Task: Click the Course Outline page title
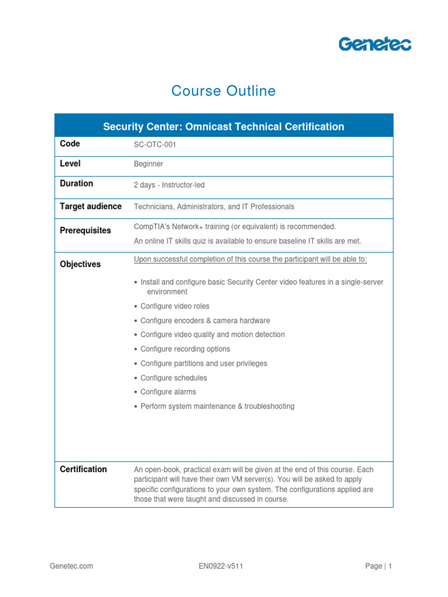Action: (x=223, y=91)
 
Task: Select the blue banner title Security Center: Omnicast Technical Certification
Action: (x=223, y=127)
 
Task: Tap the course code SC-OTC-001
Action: (x=155, y=145)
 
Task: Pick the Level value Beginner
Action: (x=149, y=164)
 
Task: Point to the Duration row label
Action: (x=76, y=183)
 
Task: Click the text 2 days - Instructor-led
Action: (x=169, y=185)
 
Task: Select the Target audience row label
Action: (x=91, y=206)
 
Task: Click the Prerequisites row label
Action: (x=85, y=230)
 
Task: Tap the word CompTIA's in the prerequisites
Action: (x=150, y=226)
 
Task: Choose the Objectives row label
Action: (x=80, y=264)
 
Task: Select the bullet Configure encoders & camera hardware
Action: (x=205, y=321)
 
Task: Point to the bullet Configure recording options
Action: (x=185, y=349)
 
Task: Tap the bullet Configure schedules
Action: (x=174, y=378)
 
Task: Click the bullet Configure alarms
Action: (x=169, y=392)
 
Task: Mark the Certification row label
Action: (x=83, y=469)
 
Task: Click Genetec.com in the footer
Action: (x=71, y=566)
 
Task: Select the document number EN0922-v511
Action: (x=221, y=566)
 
